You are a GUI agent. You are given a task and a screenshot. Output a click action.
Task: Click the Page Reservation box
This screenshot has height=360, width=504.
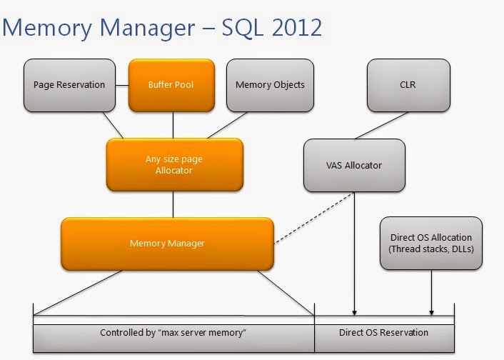69,85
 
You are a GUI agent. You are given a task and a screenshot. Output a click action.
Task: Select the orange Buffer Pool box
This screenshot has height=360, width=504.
171,85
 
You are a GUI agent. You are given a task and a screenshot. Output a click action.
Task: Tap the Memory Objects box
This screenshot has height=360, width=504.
270,85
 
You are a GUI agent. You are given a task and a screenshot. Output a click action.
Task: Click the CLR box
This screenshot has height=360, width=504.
408,85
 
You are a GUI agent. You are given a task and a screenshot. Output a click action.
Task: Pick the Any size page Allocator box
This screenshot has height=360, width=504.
173,164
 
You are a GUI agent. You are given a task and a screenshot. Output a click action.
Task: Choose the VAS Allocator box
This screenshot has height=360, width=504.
354,165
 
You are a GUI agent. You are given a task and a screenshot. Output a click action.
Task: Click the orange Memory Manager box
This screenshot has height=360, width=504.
167,244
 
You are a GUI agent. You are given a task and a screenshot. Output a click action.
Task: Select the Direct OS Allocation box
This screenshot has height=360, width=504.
430,244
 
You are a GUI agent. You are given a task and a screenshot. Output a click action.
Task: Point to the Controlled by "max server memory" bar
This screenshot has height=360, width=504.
173,333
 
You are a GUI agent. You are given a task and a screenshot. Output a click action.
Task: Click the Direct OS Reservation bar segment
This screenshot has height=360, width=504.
384,333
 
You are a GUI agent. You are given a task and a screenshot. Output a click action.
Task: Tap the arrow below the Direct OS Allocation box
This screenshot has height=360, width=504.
431,293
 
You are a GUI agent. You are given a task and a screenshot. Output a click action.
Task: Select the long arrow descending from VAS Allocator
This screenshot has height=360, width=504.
354,257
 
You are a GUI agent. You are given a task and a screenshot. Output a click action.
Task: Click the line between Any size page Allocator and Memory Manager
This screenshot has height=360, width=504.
173,204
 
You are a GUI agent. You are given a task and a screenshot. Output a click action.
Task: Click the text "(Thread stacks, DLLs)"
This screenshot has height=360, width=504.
430,249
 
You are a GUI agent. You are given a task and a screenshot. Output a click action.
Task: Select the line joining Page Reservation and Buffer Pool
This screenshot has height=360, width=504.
121,85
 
